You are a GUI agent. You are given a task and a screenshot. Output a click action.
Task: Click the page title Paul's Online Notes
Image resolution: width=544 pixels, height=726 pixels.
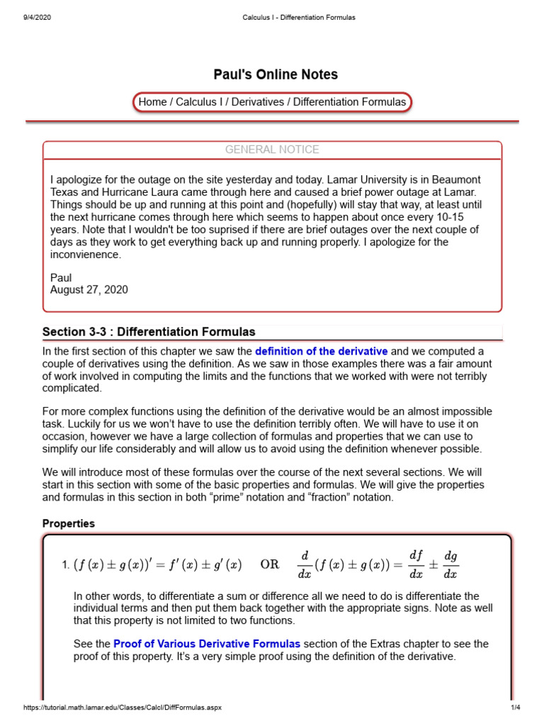[x=276, y=74]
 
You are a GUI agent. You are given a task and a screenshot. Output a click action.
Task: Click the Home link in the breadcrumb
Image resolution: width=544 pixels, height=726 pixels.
[x=152, y=102]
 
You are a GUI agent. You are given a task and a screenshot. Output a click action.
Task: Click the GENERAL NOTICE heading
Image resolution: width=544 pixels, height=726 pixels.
[x=272, y=150]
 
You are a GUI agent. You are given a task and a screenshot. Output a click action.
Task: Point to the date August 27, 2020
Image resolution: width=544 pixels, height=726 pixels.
[x=89, y=289]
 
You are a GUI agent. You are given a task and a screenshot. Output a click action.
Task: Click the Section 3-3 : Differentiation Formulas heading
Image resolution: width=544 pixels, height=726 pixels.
[x=149, y=332]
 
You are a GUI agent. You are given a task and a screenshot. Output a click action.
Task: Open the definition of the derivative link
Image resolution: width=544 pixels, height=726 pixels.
[x=321, y=351]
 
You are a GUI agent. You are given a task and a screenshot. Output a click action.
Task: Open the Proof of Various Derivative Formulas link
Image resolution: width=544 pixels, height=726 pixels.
[x=207, y=644]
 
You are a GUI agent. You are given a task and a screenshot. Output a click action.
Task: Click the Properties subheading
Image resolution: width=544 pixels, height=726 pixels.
[x=69, y=523]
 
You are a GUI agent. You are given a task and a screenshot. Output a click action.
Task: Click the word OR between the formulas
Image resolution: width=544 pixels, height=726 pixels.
[x=270, y=565]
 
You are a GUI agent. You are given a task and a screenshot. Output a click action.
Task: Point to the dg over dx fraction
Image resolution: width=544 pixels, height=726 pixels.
[x=450, y=565]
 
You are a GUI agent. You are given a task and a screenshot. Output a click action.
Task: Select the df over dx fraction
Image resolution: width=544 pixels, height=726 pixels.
[x=416, y=565]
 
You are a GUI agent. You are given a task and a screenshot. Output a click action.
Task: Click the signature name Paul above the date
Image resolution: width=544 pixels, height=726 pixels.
[x=61, y=277]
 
